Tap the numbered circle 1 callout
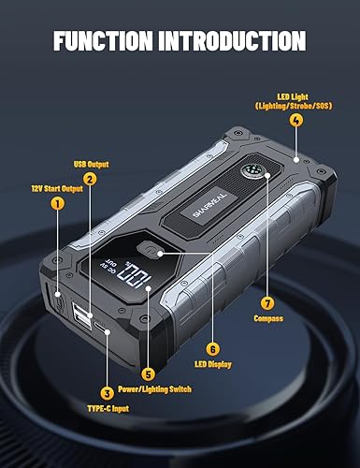pos(57,202)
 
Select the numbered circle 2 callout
pos(90,179)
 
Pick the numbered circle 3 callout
pos(108,394)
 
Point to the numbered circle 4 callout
pos(296,119)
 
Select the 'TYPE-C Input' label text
pos(108,409)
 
